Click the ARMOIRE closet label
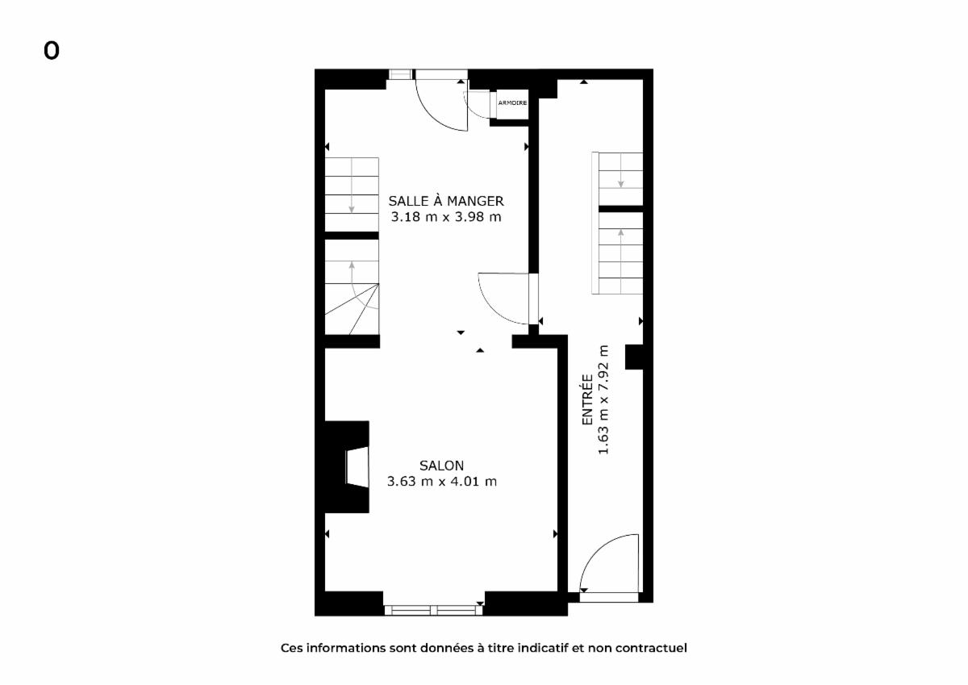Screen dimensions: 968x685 [512, 102]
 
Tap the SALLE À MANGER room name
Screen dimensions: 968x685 [446, 201]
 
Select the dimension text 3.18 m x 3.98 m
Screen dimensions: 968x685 [446, 216]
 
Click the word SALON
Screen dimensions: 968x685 [442, 466]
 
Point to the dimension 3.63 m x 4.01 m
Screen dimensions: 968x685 [442, 481]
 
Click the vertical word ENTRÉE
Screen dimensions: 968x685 [587, 399]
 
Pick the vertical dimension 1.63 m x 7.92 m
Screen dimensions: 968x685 [603, 399]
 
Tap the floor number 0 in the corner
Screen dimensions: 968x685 [52, 51]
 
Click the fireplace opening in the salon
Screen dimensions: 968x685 [357, 467]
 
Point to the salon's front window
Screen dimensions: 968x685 [433, 610]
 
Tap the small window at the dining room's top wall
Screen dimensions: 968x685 [401, 74]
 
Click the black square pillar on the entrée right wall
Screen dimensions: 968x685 [634, 357]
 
